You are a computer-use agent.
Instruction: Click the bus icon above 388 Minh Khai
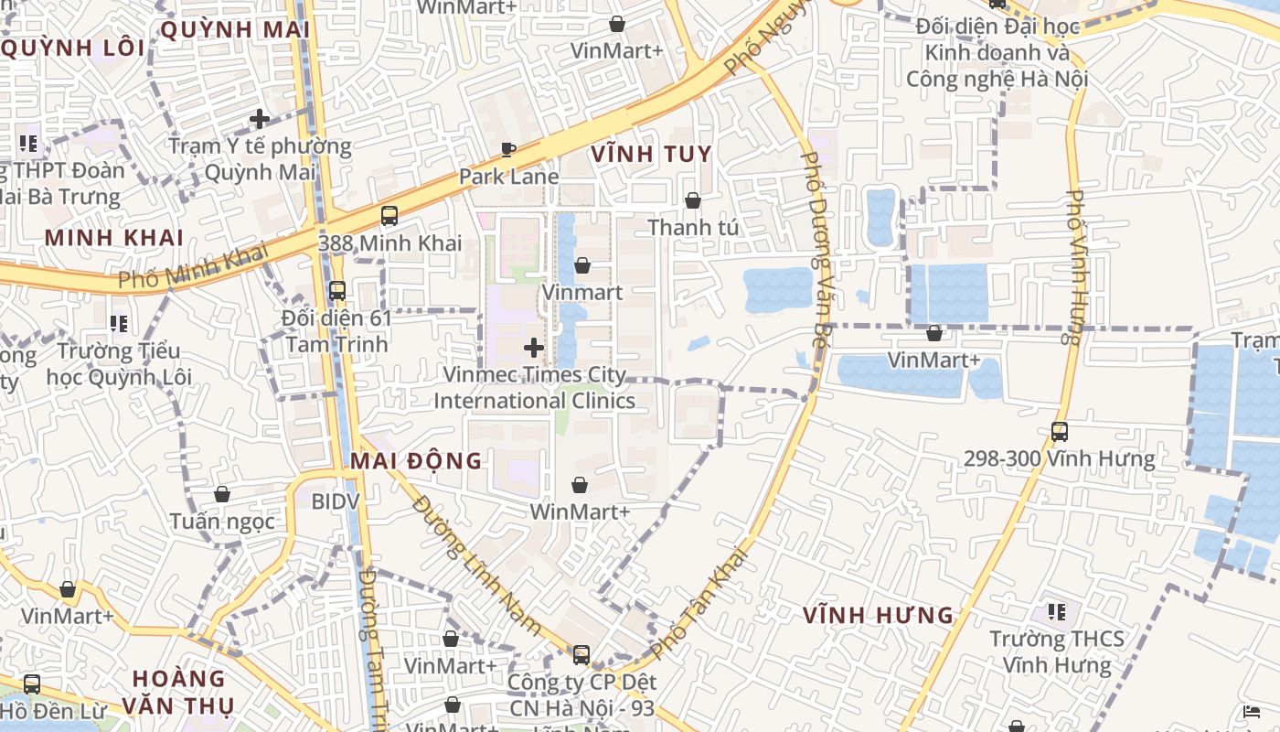pyautogui.click(x=389, y=216)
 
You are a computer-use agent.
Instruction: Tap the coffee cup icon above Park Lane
pyautogui.click(x=508, y=149)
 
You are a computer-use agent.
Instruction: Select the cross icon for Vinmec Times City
pyautogui.click(x=534, y=348)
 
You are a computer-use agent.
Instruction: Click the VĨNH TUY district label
pyautogui.click(x=651, y=154)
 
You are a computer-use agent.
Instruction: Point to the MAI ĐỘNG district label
pyautogui.click(x=416, y=460)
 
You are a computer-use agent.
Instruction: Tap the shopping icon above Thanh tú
pyautogui.click(x=693, y=200)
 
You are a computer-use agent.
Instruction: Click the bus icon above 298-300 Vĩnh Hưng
pyautogui.click(x=1059, y=432)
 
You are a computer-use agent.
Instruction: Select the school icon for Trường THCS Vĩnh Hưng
pyautogui.click(x=1057, y=611)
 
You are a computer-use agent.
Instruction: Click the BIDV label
pyautogui.click(x=336, y=501)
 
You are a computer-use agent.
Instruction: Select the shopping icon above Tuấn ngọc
pyautogui.click(x=222, y=494)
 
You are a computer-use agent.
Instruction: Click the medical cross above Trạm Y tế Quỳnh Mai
pyautogui.click(x=260, y=119)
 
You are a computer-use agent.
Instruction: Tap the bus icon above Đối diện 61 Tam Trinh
pyautogui.click(x=336, y=291)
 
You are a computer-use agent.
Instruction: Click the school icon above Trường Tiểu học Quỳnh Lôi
pyautogui.click(x=118, y=324)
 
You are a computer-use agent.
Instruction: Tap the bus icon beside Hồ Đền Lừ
pyautogui.click(x=32, y=684)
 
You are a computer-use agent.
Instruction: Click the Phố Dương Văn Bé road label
pyautogui.click(x=816, y=247)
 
